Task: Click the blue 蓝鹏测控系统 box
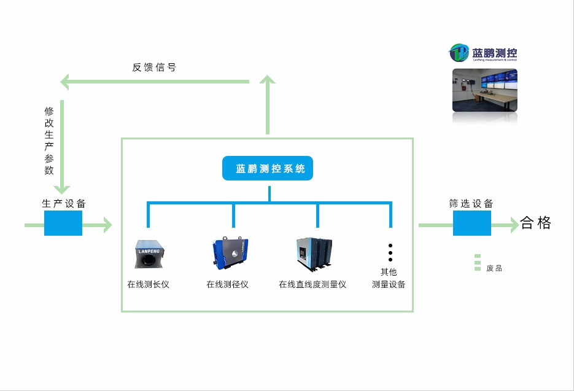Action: click(267, 169)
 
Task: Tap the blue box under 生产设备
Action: click(63, 223)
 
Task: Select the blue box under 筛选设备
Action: click(471, 223)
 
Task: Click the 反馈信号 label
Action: click(154, 68)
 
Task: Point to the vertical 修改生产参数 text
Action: click(49, 141)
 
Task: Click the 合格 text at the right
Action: click(536, 223)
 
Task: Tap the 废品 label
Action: click(494, 268)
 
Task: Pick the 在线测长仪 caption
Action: click(148, 285)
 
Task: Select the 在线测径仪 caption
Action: click(227, 285)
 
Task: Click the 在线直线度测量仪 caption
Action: click(312, 285)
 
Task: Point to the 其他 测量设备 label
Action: click(389, 278)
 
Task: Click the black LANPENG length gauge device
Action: click(149, 255)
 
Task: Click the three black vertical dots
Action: click(390, 252)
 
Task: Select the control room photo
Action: click(484, 90)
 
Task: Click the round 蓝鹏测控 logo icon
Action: click(459, 53)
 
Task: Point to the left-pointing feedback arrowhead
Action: click(64, 82)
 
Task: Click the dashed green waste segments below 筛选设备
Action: click(477, 263)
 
